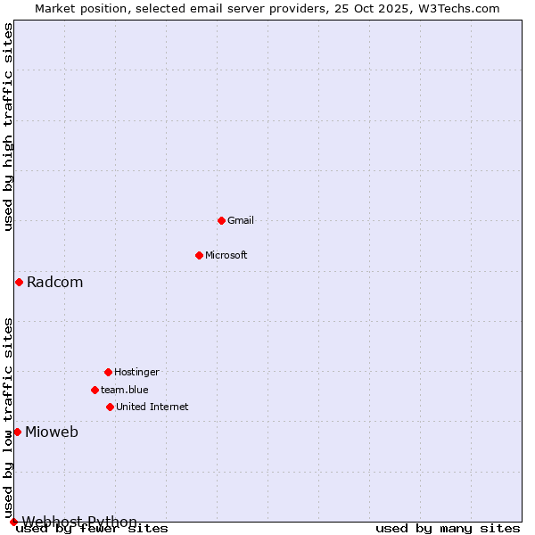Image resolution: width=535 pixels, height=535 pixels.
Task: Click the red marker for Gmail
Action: coord(221,220)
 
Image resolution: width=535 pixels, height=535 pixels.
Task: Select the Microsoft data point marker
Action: coord(199,255)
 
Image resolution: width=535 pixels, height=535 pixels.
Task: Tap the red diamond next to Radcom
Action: coord(19,283)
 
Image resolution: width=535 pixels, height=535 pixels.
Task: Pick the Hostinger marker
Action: coord(108,372)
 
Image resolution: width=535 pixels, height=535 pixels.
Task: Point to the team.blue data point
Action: coord(95,390)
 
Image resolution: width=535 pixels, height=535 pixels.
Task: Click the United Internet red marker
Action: coord(110,407)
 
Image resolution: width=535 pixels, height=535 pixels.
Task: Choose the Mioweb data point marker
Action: coord(17,432)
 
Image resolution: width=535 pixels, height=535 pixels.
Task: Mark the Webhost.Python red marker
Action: coord(13,522)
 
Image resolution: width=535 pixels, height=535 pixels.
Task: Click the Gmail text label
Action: coord(241,220)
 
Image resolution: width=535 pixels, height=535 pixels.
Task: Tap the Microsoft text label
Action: coord(226,255)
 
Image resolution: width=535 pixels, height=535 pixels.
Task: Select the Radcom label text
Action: coord(55,283)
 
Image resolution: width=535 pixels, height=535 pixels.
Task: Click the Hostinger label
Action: coord(136,372)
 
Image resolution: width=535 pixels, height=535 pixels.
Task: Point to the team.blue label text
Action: coord(125,390)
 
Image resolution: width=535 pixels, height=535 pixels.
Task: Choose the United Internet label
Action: coord(152,407)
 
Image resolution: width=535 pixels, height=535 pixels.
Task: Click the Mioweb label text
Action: coord(52,432)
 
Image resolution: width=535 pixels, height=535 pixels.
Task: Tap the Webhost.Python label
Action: coord(80,522)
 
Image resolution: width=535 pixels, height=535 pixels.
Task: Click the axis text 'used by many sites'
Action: coord(448,529)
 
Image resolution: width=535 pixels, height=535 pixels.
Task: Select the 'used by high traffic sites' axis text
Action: coord(9,127)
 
